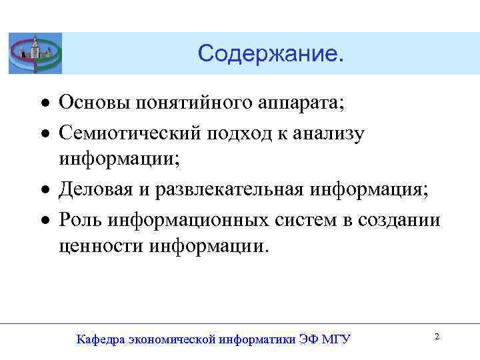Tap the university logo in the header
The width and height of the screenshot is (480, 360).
[x=35, y=53]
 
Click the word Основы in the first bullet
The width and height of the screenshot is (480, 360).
[x=94, y=103]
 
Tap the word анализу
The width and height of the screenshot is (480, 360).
[x=332, y=132]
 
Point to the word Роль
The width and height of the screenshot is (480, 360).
[x=81, y=218]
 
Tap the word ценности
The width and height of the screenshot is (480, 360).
[x=101, y=247]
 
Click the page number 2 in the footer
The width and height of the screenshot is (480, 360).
[x=437, y=337]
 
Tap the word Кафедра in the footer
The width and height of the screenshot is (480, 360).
[x=101, y=339]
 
